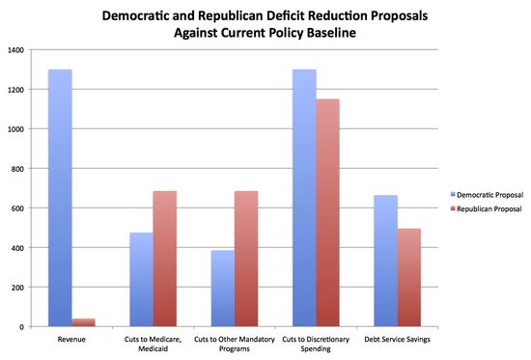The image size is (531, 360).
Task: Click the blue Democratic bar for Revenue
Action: (x=60, y=198)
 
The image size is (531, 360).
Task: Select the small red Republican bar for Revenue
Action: (x=84, y=322)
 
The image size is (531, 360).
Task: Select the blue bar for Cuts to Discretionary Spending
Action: (x=303, y=198)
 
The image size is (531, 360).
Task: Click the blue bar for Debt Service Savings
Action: (x=384, y=261)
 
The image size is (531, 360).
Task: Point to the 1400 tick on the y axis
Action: (x=20, y=49)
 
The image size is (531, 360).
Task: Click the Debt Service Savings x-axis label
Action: (x=397, y=338)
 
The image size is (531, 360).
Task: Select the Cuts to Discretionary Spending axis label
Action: (x=316, y=343)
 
